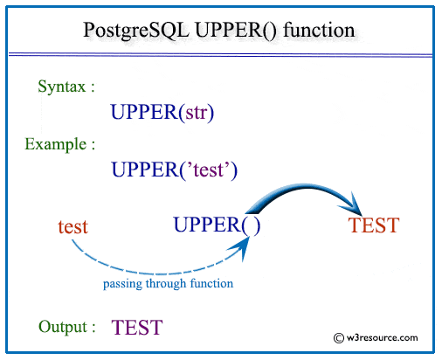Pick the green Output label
67,327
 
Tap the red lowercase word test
73,226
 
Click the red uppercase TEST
374,225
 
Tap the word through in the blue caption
167,284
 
